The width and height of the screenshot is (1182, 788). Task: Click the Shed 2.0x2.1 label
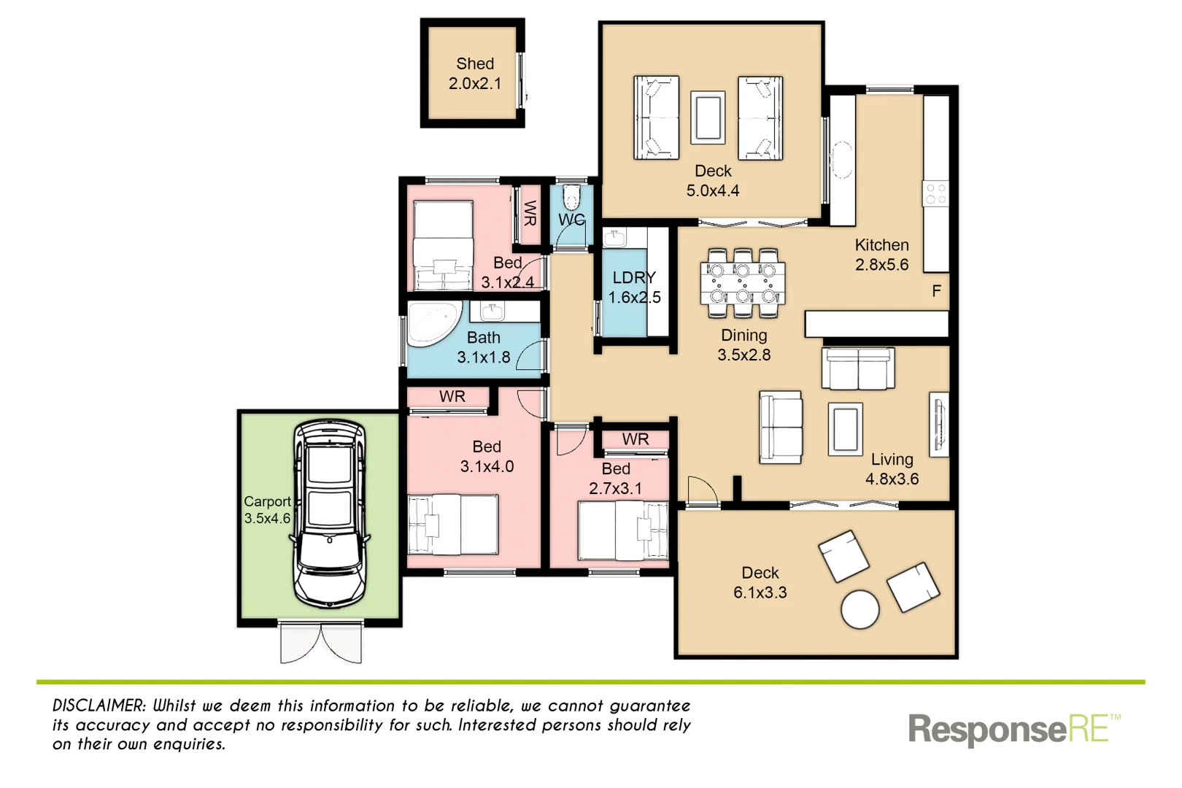(x=475, y=74)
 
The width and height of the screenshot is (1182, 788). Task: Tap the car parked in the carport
(x=330, y=514)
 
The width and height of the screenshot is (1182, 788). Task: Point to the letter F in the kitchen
(x=937, y=291)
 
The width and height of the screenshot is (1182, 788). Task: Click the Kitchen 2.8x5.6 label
(x=881, y=255)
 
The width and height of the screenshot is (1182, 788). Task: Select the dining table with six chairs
(x=743, y=283)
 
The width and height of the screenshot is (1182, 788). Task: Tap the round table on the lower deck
(x=860, y=609)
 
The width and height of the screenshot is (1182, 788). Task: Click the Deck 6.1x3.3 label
(x=760, y=582)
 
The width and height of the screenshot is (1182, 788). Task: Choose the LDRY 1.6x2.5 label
(x=634, y=287)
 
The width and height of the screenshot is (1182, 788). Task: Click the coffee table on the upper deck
(x=708, y=117)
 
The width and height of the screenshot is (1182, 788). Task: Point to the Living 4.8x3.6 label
(x=892, y=468)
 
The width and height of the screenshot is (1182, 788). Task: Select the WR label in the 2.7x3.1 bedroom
(x=635, y=439)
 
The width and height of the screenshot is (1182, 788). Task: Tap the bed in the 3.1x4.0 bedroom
(x=453, y=525)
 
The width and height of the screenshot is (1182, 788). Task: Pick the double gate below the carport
(x=321, y=642)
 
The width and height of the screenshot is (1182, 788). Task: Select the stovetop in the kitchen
(x=935, y=193)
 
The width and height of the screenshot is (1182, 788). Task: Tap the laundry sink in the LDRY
(x=614, y=237)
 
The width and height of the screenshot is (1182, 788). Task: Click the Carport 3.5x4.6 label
(x=267, y=509)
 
